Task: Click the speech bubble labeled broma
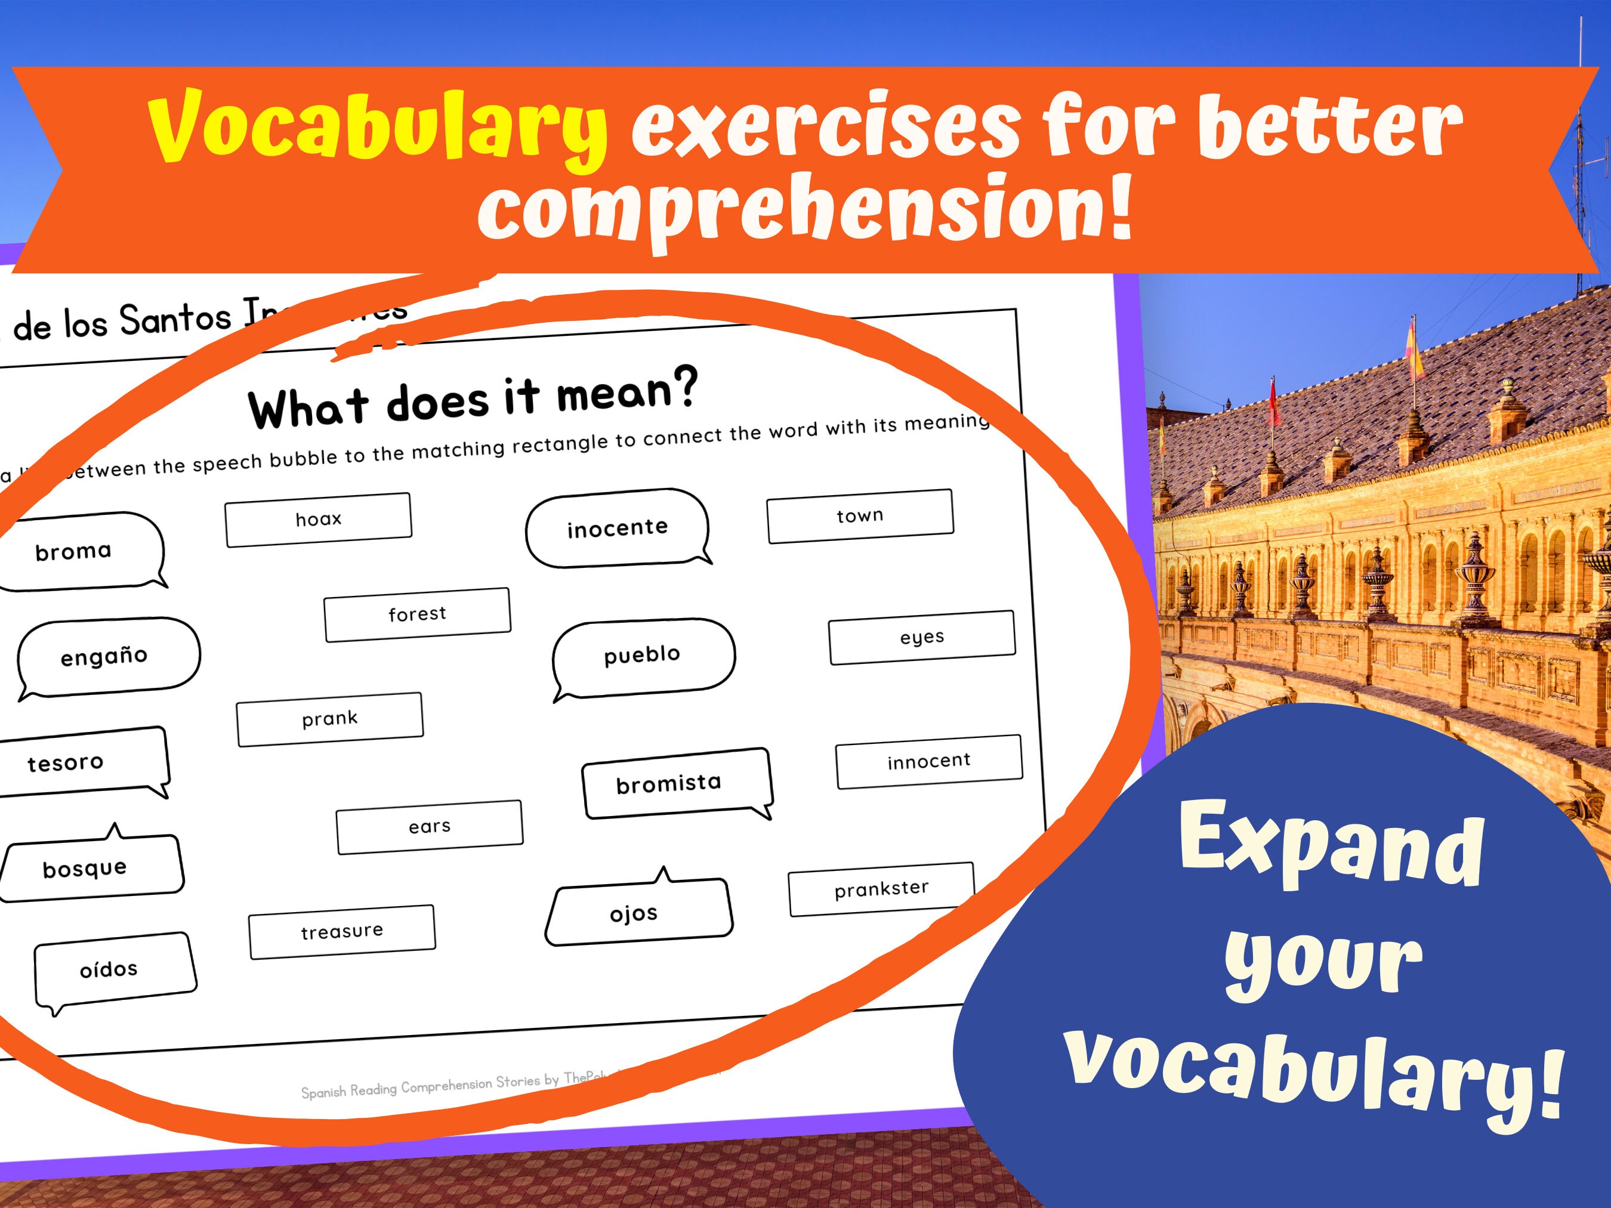80,551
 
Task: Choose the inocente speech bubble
618,527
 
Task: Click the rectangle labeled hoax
318,519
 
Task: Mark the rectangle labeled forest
417,614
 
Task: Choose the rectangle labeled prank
330,719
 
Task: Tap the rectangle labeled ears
430,826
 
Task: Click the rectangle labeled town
860,515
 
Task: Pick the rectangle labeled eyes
922,637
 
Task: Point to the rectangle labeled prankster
881,888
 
